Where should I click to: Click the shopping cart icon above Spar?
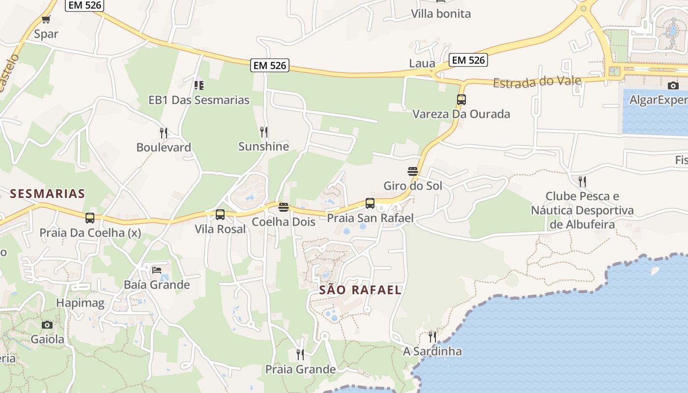click(46, 20)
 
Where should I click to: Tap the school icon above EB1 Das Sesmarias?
click(199, 85)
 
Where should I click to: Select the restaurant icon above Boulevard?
click(164, 133)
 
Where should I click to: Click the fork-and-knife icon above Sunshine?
click(264, 132)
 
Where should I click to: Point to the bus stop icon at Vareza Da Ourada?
click(461, 100)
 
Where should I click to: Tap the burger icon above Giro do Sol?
click(412, 171)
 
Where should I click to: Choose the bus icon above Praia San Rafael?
click(370, 203)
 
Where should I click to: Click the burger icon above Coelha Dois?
click(283, 207)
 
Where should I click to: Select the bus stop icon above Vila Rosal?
click(220, 215)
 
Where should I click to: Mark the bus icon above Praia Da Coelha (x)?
click(89, 218)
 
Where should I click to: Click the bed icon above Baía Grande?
click(157, 270)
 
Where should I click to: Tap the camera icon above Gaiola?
click(47, 325)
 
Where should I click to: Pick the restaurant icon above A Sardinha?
click(432, 337)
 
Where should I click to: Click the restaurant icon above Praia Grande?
click(300, 354)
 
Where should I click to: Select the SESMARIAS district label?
click(48, 194)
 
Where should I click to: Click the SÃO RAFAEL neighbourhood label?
click(360, 290)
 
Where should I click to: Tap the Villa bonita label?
click(441, 14)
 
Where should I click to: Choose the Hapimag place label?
click(80, 303)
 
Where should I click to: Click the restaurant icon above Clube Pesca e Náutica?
click(582, 182)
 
